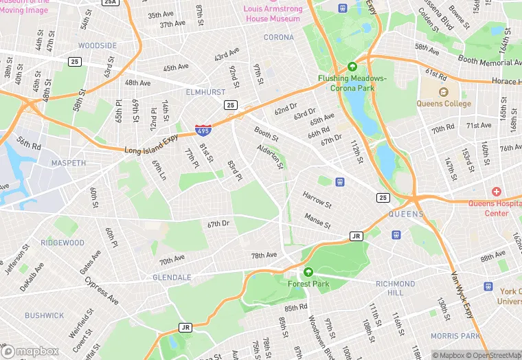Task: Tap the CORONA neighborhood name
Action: point(279,37)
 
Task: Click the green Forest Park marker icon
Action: point(308,272)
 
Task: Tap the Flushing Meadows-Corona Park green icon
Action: point(352,67)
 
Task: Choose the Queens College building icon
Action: point(443,91)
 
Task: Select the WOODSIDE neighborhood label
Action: point(98,46)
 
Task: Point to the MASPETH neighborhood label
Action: point(69,164)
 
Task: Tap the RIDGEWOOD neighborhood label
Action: point(63,243)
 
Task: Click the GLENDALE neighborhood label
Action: point(172,278)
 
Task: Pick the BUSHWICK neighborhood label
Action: point(45,316)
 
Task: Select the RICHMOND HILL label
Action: point(395,288)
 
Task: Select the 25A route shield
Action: point(110,3)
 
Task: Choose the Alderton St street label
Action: point(270,156)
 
